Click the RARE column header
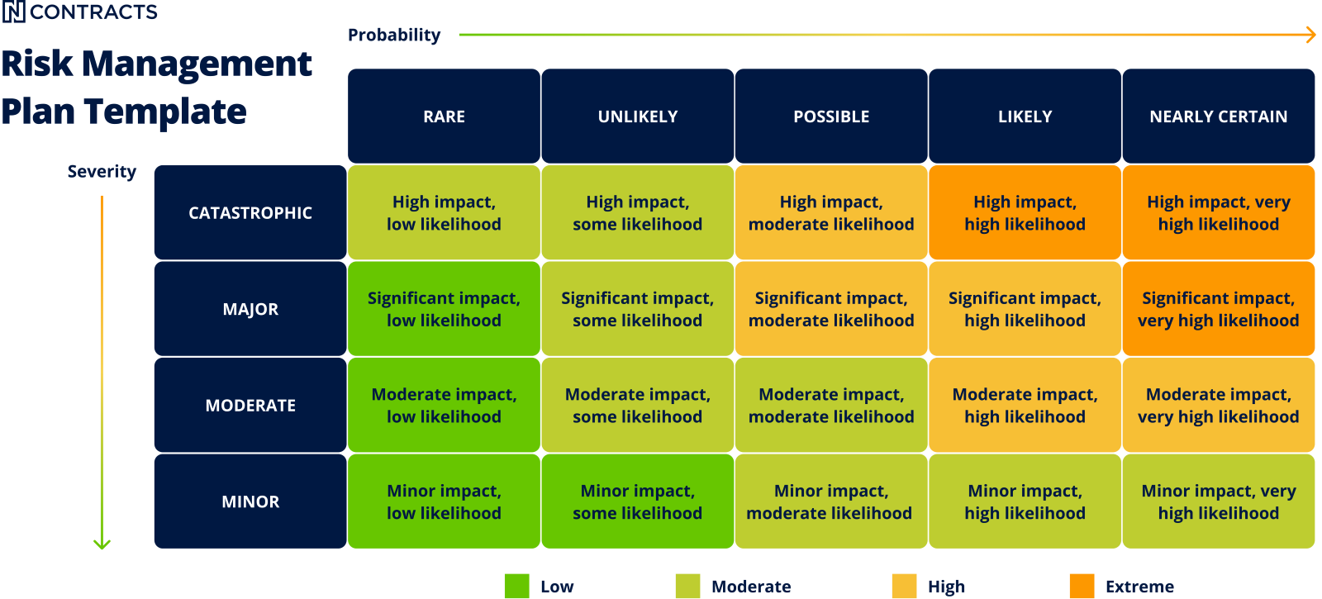[444, 116]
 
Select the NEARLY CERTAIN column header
[1218, 116]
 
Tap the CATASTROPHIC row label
[250, 213]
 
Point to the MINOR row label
[250, 502]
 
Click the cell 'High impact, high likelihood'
[1025, 213]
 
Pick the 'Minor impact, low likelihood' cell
[444, 502]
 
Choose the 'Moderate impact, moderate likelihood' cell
[831, 406]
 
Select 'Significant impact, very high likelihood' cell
[1218, 309]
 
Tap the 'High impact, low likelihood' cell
[444, 213]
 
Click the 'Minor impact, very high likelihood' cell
[1218, 502]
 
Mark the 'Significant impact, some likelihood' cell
[637, 309]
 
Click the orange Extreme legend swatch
[1082, 586]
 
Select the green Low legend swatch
[516, 586]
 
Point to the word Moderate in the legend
[751, 587]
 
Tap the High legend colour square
[904, 586]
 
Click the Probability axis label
[393, 35]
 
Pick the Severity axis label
[102, 172]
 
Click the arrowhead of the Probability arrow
[1311, 35]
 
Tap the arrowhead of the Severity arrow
[102, 544]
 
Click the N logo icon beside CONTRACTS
[14, 12]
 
